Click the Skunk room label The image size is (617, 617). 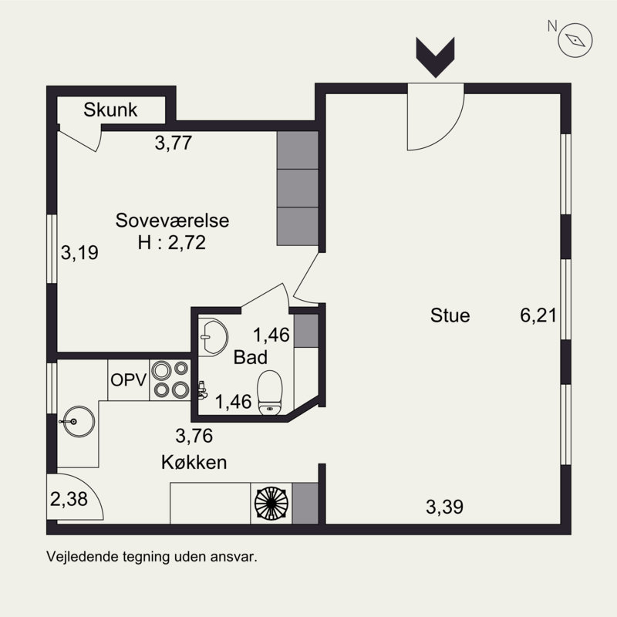[110, 110]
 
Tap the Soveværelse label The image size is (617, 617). [172, 221]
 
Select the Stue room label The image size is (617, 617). [450, 315]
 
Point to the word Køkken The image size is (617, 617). [194, 462]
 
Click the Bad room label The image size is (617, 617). [250, 357]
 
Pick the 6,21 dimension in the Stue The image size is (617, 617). [538, 315]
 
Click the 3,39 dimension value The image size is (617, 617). [444, 507]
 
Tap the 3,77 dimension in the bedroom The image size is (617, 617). [173, 143]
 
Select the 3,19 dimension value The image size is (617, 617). [79, 253]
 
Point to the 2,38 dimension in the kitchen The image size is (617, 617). [69, 499]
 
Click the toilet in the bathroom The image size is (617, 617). [269, 393]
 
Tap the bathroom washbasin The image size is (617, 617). [213, 337]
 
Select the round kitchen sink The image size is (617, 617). [79, 421]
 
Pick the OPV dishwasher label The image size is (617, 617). [128, 380]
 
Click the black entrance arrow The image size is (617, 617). [435, 57]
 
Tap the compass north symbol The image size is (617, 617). [575, 40]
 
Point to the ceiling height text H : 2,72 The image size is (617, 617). [171, 243]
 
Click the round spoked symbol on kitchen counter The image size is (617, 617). [271, 504]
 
